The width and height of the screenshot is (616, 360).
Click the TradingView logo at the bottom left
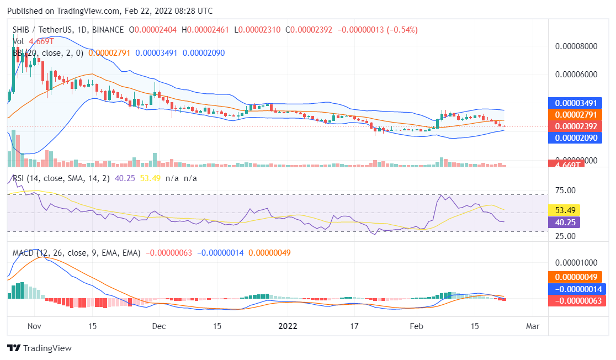39,348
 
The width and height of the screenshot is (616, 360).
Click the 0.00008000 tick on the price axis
576,46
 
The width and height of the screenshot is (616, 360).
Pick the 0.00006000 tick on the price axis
576,75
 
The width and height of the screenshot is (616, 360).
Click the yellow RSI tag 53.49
567,210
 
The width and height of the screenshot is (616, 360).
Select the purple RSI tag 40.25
567,223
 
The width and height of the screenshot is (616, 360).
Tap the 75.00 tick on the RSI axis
565,190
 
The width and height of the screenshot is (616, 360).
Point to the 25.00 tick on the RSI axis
565,236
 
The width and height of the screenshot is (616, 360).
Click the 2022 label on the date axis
288,326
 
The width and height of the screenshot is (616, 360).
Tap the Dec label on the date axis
159,326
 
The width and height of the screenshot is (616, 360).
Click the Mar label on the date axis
533,326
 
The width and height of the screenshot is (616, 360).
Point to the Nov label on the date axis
34,326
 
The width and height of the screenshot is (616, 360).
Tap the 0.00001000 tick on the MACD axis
576,262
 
